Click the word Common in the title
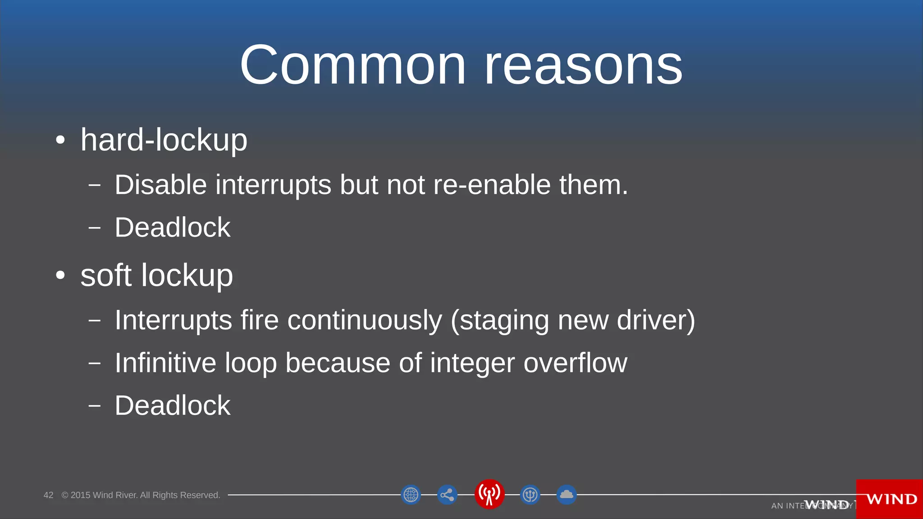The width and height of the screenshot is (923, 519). point(352,65)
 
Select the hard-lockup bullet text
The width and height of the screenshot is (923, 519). point(164,140)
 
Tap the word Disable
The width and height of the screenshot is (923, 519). point(160,185)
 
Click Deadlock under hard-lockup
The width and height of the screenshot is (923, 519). point(172,227)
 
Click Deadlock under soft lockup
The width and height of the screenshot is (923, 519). point(172,405)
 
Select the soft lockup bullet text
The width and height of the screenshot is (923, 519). point(156,275)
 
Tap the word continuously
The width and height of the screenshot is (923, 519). point(365,320)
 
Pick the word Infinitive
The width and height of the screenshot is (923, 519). point(165,363)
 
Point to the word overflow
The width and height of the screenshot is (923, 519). point(575,363)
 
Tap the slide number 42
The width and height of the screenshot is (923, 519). point(48,495)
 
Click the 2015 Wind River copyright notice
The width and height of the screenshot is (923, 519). point(141,495)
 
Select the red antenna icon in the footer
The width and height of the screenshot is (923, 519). point(489,494)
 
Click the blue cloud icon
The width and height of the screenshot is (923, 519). point(567,495)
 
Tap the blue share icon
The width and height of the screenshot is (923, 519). point(447,495)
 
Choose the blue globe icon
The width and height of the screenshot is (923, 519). point(411,495)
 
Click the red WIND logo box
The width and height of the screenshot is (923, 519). point(890,499)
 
